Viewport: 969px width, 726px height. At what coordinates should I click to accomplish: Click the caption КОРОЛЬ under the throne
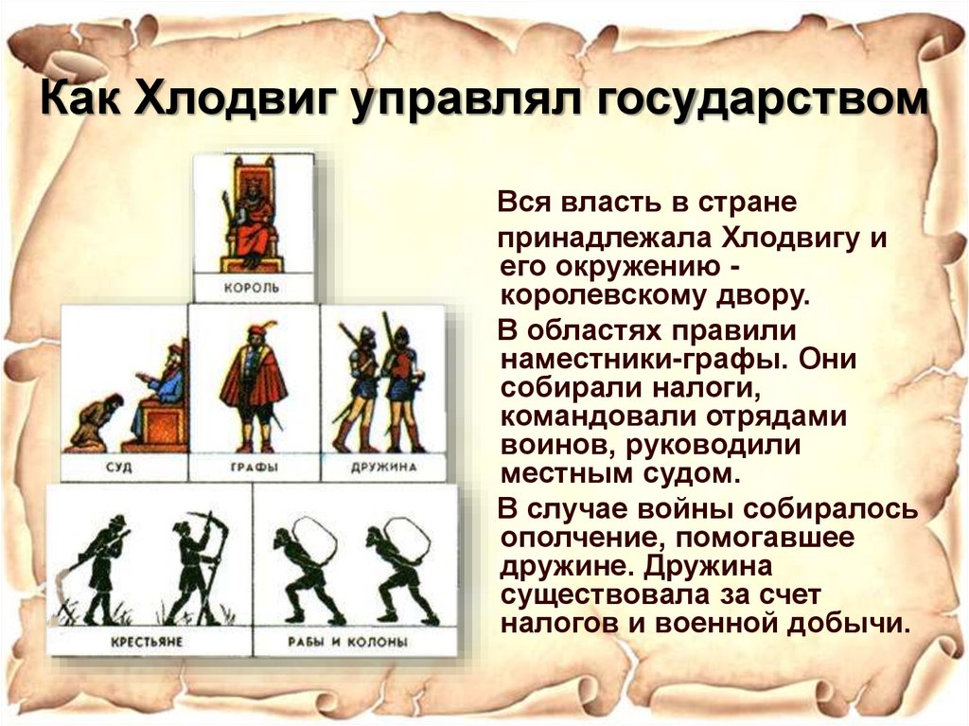tap(253, 285)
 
